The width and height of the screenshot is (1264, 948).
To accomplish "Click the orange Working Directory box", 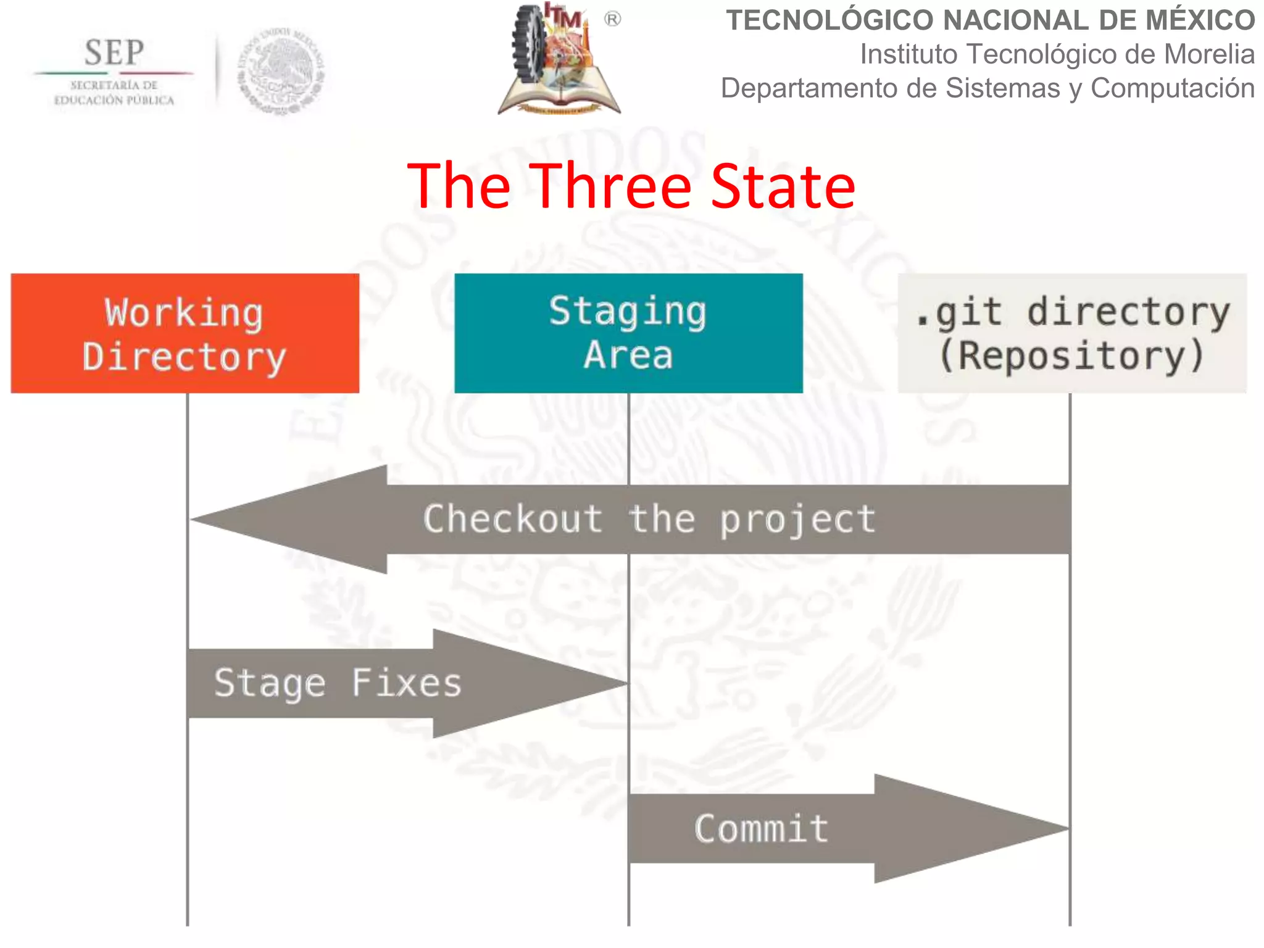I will pos(185,333).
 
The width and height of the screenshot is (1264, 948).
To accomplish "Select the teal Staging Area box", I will pos(628,333).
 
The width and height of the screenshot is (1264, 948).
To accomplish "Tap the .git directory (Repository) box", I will pos(1072,333).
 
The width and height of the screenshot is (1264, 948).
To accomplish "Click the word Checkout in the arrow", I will pos(513,518).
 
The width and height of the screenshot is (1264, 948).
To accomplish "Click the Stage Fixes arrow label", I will pos(338,683).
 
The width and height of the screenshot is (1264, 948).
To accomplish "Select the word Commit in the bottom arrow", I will pos(761,828).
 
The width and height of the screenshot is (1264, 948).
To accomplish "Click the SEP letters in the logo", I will pos(114,53).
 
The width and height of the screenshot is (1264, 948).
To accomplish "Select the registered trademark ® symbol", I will pos(612,20).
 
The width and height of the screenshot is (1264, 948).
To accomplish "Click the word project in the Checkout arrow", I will pos(797,520).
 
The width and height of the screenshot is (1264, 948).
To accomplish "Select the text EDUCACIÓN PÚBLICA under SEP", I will pos(114,101).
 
